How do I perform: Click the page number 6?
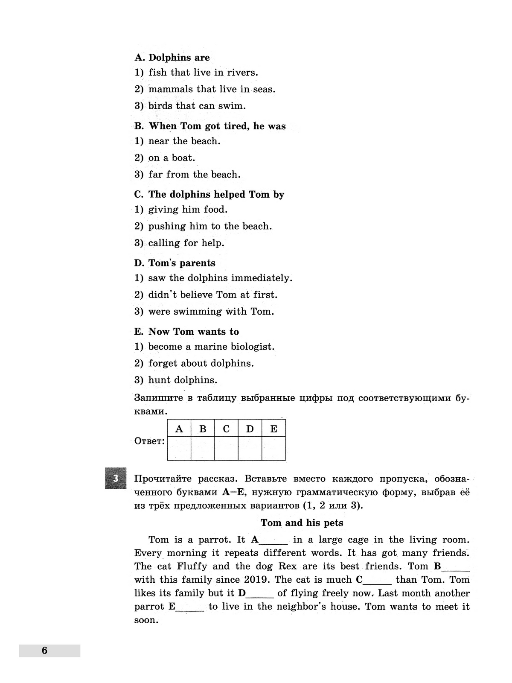[45, 651]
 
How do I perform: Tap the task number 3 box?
[116, 478]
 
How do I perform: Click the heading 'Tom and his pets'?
[302, 522]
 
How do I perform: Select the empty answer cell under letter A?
[179, 448]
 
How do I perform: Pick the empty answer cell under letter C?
[226, 448]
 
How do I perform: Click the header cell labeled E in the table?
[273, 429]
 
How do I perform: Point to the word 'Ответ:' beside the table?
[149, 441]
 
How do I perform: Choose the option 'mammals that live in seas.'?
[212, 89]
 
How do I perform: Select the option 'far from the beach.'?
[194, 174]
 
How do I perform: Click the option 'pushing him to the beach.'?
[210, 226]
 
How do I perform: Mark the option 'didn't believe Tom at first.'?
[212, 295]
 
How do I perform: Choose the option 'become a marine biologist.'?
[211, 347]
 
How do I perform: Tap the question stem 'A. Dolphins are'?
[172, 58]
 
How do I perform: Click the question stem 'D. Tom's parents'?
[175, 263]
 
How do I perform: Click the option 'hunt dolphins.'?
[183, 380]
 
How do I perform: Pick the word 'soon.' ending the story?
[146, 620]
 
